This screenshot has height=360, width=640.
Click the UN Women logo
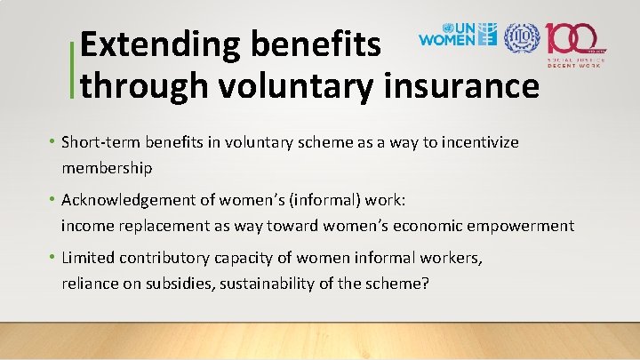pos(457,36)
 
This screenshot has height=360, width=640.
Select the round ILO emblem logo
pos(521,36)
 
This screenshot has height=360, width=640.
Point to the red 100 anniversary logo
pos(576,40)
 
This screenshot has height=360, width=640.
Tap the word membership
pos(107,167)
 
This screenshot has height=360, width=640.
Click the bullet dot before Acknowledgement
pos(53,200)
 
